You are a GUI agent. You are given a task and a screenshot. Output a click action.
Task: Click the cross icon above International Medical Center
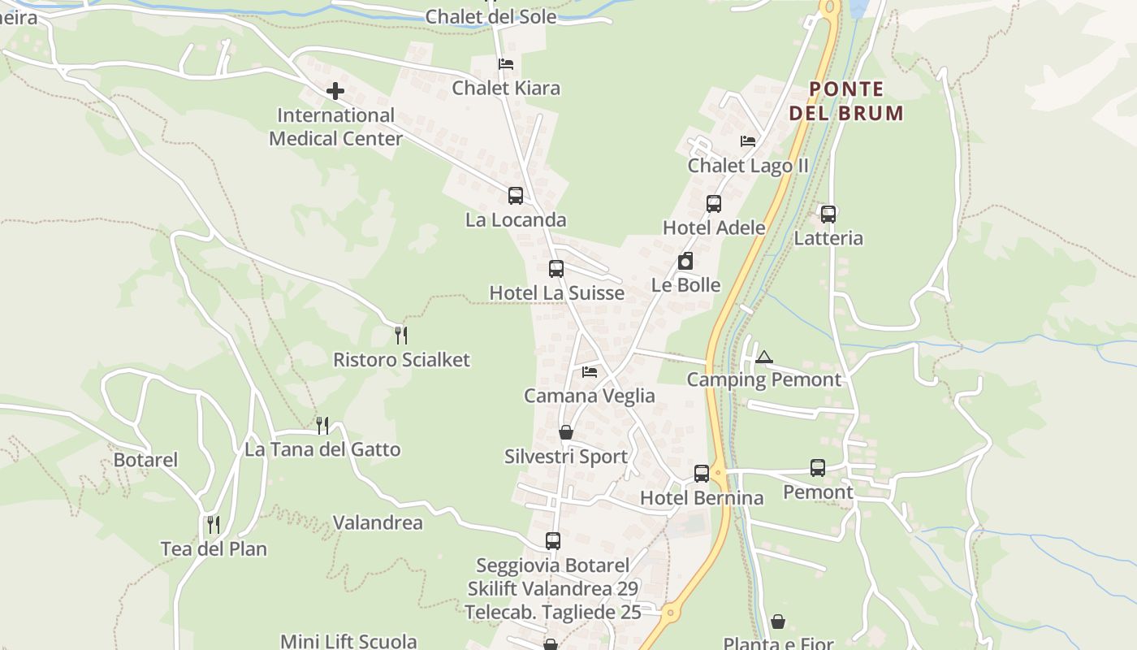pyautogui.click(x=335, y=91)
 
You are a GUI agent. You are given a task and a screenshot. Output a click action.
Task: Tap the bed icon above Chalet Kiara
pyautogui.click(x=506, y=63)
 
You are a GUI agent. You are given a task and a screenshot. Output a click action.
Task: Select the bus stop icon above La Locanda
pyautogui.click(x=516, y=196)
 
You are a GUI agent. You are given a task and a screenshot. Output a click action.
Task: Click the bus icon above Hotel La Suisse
pyautogui.click(x=556, y=269)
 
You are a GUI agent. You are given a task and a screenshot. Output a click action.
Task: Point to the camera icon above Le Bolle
pyautogui.click(x=685, y=262)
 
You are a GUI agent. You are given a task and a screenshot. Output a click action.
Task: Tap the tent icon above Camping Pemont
pyautogui.click(x=763, y=357)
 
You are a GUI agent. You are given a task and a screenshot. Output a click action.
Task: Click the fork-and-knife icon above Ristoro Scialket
pyautogui.click(x=400, y=335)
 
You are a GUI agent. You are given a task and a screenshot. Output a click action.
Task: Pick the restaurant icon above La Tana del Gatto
pyautogui.click(x=322, y=425)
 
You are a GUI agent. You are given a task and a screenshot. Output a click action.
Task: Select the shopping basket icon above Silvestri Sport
pyautogui.click(x=566, y=432)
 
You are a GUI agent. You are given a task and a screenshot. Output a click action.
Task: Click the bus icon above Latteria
pyautogui.click(x=828, y=214)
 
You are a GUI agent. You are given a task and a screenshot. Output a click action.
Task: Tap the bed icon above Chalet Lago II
pyautogui.click(x=748, y=141)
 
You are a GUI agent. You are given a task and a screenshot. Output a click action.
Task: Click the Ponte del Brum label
pyautogui.click(x=846, y=101)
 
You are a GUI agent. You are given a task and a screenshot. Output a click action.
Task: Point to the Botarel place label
pyautogui.click(x=145, y=460)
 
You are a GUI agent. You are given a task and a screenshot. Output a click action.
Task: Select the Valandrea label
pyautogui.click(x=378, y=522)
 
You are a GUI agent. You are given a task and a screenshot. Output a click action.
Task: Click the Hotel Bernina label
pyautogui.click(x=702, y=498)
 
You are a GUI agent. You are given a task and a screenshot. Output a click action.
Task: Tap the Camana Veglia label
pyautogui.click(x=589, y=396)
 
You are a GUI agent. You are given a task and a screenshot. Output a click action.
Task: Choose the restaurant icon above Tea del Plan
pyautogui.click(x=213, y=524)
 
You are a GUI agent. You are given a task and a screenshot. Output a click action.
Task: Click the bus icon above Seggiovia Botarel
pyautogui.click(x=553, y=540)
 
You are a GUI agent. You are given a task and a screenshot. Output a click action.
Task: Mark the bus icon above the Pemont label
pyautogui.click(x=818, y=468)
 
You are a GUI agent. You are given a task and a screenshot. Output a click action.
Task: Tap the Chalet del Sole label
pyautogui.click(x=491, y=16)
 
